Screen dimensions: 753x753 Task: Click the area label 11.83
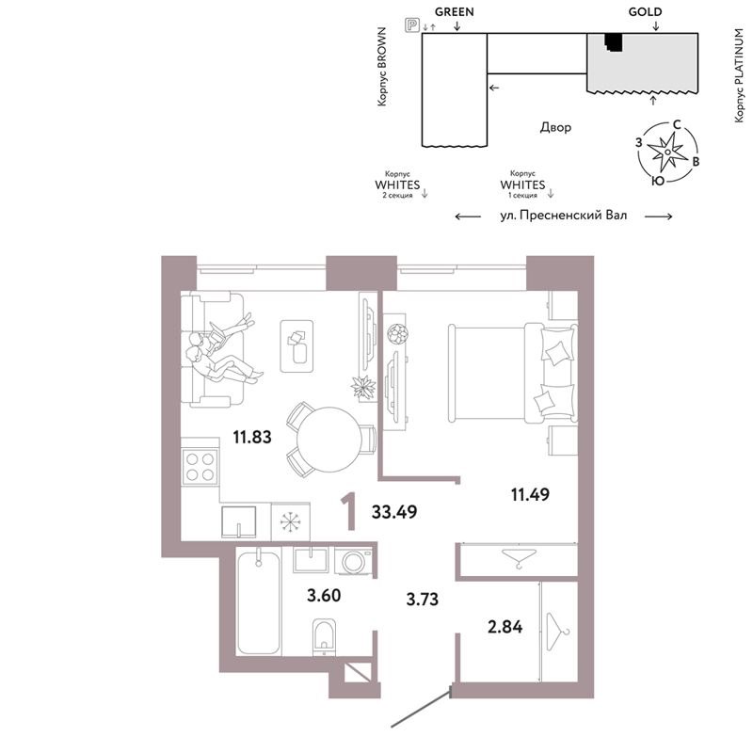tap(252, 437)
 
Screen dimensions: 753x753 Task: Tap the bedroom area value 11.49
tap(530, 494)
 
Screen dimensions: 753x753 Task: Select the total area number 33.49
tap(394, 512)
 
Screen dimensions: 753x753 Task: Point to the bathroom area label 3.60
tap(324, 596)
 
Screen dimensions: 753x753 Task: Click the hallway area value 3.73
tap(423, 600)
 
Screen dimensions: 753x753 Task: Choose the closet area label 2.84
tap(505, 627)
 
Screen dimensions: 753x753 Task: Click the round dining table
tap(329, 440)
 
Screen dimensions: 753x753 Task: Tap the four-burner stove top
tap(200, 467)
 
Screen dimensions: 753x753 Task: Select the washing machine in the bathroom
tap(355, 561)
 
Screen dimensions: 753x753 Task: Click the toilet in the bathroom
tap(324, 637)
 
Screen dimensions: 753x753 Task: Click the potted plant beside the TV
tap(363, 387)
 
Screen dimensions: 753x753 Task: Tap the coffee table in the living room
tap(296, 346)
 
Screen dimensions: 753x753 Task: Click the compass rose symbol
tap(667, 152)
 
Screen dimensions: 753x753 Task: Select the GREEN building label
tap(455, 12)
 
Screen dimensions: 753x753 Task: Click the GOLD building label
tap(645, 12)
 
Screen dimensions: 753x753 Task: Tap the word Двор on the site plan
tap(555, 127)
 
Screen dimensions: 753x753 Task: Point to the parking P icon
tap(412, 25)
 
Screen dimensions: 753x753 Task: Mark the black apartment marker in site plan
tap(614, 42)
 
